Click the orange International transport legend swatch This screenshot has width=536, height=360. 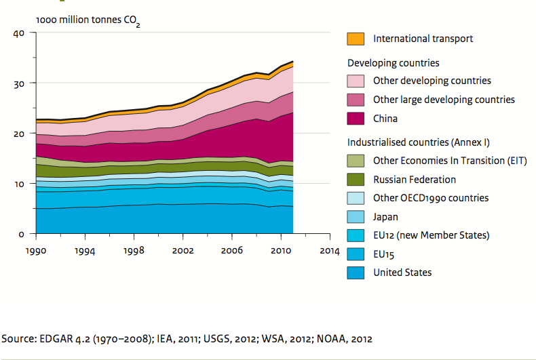[x=356, y=39]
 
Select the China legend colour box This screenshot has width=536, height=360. [x=356, y=119]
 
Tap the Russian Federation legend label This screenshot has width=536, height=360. [x=414, y=180]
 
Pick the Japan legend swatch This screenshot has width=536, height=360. [x=356, y=217]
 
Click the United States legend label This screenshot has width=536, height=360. [x=402, y=273]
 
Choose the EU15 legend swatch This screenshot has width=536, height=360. [x=356, y=254]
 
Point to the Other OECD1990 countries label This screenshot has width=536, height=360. [x=431, y=198]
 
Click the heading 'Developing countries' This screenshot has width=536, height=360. [x=393, y=63]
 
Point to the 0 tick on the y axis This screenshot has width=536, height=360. [x=21, y=234]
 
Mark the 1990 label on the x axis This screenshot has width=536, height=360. [x=37, y=250]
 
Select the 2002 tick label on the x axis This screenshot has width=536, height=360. [x=183, y=250]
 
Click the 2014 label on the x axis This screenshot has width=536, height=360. [x=329, y=250]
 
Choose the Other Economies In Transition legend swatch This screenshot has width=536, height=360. [x=356, y=161]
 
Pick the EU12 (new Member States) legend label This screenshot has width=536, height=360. [x=431, y=235]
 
